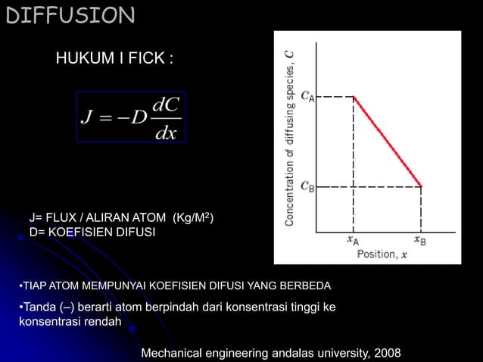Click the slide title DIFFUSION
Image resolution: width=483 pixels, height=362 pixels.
point(70,14)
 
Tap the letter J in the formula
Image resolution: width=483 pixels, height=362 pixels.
point(86,118)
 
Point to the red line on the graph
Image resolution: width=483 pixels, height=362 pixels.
point(388,142)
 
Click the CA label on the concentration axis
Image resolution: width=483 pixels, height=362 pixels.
point(307,96)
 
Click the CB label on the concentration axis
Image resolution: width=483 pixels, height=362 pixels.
point(307,186)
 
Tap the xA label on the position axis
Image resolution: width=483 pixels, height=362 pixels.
point(353,241)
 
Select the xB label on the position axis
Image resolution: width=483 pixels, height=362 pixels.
point(420,241)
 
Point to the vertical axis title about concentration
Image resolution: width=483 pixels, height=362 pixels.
point(290,136)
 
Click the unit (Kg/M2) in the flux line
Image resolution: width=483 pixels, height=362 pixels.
point(194,219)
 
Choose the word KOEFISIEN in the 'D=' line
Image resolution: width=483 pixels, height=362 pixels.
point(86,232)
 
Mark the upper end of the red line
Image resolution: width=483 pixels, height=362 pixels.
point(354,97)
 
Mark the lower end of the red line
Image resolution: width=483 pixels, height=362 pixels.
point(421,186)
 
